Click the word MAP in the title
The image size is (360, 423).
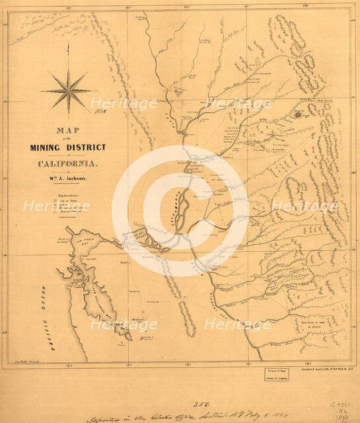69,130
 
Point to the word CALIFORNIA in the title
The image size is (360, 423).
68,163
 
